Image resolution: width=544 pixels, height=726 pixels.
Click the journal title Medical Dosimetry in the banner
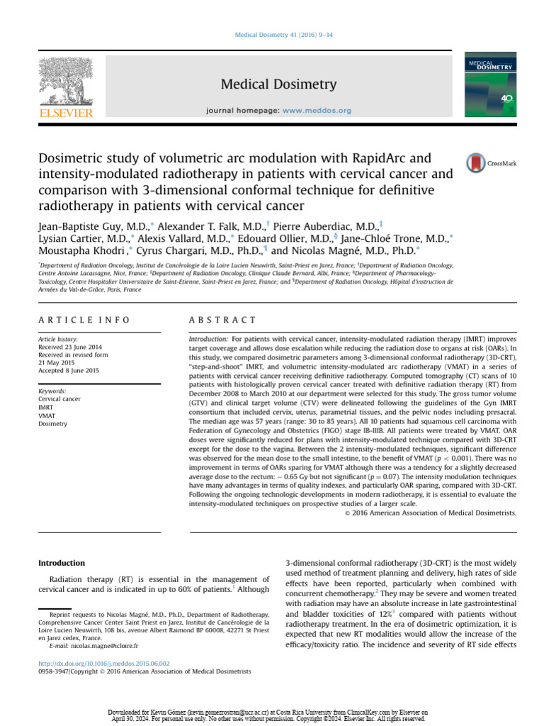(x=278, y=85)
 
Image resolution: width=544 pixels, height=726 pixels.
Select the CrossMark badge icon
(x=491, y=163)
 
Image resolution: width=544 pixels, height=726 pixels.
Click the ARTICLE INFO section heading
(x=84, y=320)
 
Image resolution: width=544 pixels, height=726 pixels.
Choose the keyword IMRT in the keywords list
(x=46, y=408)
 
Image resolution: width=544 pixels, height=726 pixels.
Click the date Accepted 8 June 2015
(x=69, y=371)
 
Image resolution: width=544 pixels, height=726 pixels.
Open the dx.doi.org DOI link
(x=103, y=664)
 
